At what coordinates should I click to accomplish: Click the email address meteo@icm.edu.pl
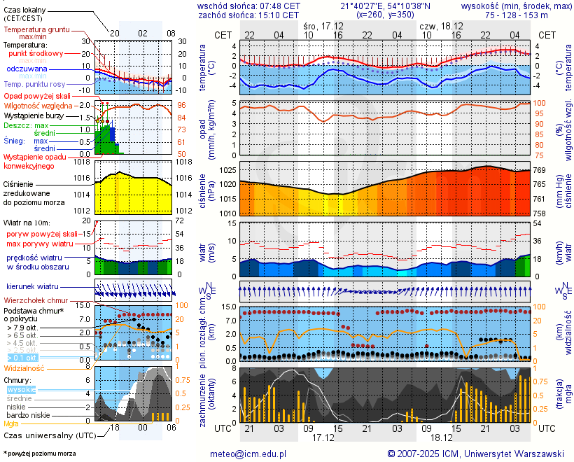point(248,454)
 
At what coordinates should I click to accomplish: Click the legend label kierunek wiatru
point(32,287)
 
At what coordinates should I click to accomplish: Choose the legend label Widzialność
point(24,367)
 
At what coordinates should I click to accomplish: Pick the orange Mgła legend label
point(11,423)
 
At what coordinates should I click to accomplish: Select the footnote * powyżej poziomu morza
point(40,454)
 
